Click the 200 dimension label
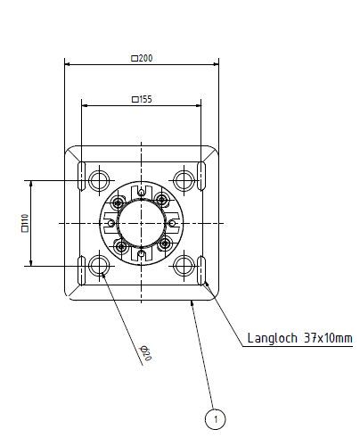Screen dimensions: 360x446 [142, 58]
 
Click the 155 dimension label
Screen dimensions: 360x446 [142, 99]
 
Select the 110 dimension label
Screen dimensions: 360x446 [25, 223]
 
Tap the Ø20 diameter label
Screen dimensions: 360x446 [146, 353]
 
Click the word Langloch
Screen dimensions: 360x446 [273, 338]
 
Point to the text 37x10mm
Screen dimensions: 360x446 [328, 338]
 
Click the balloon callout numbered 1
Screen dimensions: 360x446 [215, 419]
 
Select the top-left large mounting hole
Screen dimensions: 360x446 [99, 180]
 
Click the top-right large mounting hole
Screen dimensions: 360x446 [184, 180]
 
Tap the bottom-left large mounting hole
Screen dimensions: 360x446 [99, 266]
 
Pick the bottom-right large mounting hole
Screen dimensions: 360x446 [184, 266]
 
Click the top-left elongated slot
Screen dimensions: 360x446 [82, 176]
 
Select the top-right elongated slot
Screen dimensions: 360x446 [201, 176]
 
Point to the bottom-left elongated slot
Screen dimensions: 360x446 [82, 270]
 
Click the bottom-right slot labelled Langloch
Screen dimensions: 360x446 [201, 270]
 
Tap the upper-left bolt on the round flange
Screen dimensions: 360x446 [119, 203]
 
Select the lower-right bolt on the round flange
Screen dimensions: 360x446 [165, 244]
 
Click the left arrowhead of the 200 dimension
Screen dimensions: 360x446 [67, 64]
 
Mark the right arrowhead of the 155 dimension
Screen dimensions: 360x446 [199, 105]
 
